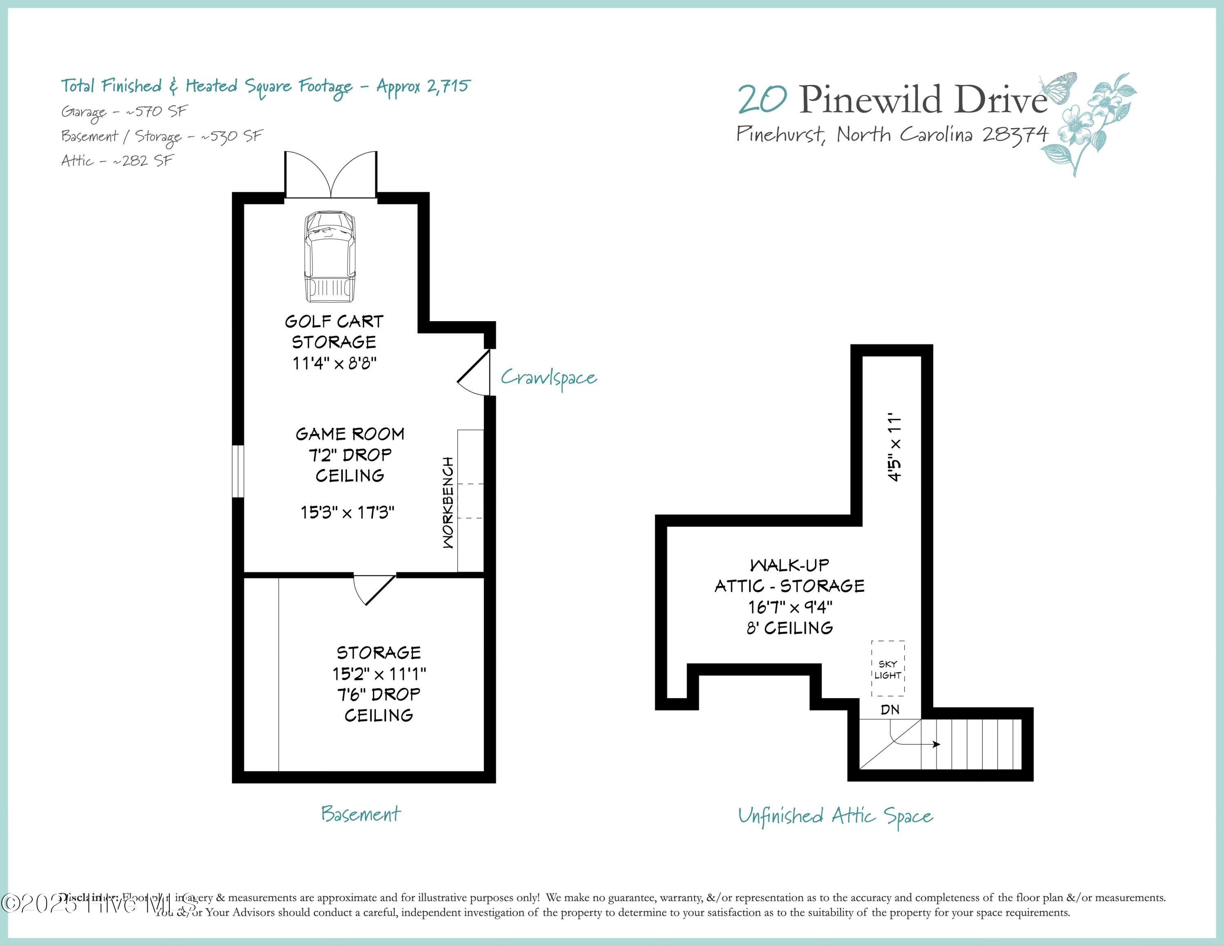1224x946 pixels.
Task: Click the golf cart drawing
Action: pyautogui.click(x=330, y=257)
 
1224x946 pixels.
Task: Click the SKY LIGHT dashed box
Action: pyautogui.click(x=888, y=668)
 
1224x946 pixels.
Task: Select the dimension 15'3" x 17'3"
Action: pyautogui.click(x=348, y=512)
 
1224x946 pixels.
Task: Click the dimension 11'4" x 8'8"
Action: pyautogui.click(x=335, y=363)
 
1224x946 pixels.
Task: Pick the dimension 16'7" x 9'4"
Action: pyautogui.click(x=789, y=607)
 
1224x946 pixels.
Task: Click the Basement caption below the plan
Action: pyautogui.click(x=361, y=814)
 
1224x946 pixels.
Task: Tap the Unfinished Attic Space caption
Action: pyautogui.click(x=835, y=816)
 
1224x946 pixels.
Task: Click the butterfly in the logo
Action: pyautogui.click(x=1058, y=87)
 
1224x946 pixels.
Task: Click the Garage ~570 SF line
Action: pyautogui.click(x=124, y=111)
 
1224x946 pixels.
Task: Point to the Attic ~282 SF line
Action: pyautogui.click(x=117, y=161)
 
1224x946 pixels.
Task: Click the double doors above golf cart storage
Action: pyautogui.click(x=330, y=175)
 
